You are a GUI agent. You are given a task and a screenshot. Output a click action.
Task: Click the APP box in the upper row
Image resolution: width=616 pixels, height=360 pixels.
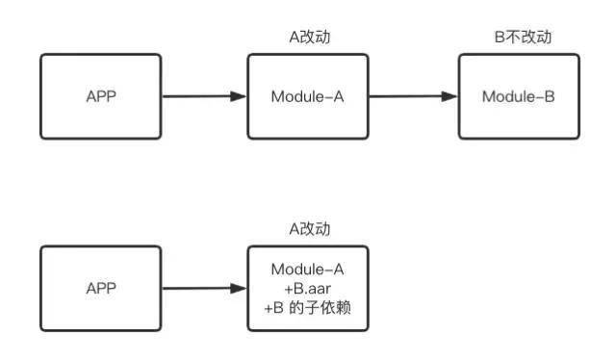100,96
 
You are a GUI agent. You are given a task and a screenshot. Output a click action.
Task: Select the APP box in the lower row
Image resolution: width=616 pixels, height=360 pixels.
100,288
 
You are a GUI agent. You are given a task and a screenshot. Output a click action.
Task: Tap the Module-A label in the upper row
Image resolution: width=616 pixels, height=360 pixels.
307,96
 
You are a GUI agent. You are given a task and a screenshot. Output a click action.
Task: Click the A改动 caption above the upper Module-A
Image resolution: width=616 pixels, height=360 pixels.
308,37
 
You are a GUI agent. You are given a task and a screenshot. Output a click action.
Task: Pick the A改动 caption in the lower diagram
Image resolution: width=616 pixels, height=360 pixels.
308,229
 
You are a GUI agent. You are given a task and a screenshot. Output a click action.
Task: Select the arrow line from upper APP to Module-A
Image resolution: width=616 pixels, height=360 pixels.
197,96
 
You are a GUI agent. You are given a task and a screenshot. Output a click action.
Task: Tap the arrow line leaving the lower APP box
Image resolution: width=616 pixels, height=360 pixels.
197,288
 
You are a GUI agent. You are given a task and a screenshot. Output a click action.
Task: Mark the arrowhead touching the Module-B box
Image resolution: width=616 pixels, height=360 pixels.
449,96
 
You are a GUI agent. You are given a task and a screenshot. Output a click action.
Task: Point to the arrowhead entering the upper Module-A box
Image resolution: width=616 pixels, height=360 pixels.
240,96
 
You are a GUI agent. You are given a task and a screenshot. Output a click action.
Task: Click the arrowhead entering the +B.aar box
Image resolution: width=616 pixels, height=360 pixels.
240,288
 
